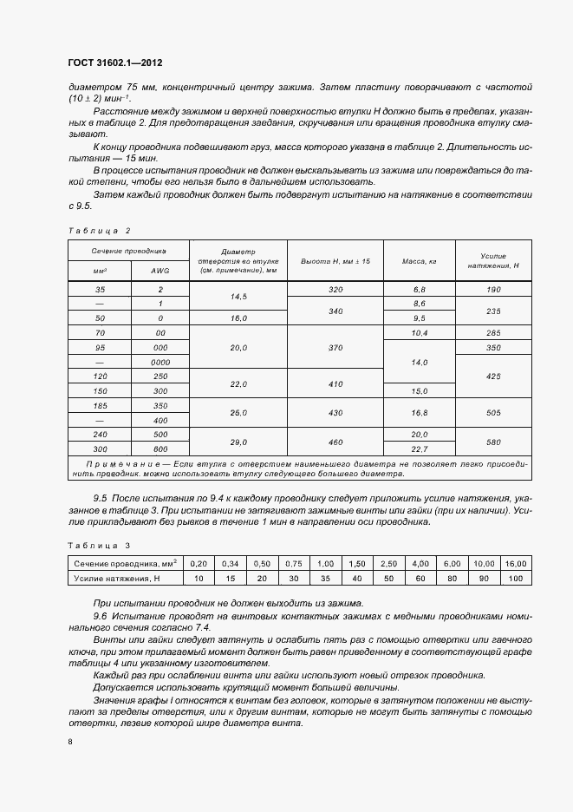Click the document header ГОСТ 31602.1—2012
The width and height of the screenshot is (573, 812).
[115, 63]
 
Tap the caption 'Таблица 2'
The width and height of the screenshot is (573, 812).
[98, 230]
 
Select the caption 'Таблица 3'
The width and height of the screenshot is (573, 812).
[98, 545]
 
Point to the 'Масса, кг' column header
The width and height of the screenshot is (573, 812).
[419, 260]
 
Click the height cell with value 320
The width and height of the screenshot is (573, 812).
[335, 287]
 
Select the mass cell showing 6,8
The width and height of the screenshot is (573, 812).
[419, 287]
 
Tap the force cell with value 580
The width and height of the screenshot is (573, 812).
[492, 442]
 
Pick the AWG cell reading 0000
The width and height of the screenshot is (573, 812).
[160, 360]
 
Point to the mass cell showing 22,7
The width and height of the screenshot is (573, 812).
[419, 449]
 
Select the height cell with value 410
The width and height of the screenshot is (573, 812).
[335, 383]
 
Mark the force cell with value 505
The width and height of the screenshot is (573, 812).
[492, 412]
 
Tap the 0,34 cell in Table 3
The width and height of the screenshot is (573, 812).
[229, 564]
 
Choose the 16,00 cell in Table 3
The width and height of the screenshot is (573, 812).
[515, 564]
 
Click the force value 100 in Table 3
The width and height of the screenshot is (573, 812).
[515, 577]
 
